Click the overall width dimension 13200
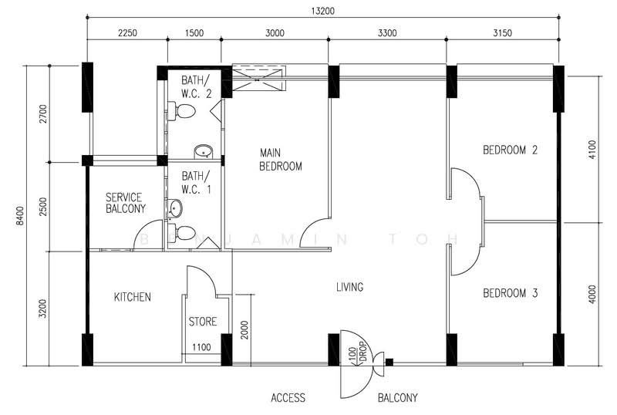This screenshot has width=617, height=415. coord(322,11)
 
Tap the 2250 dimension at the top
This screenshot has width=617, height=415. coord(127,33)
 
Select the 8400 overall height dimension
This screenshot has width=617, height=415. coord(20,216)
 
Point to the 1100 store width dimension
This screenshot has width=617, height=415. coord(201,347)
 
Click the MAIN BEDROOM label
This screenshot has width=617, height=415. coord(281,160)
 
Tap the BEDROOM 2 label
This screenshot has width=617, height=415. coord(510,150)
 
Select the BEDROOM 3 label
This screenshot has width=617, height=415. coord(510,293)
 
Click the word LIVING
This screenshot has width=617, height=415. coord(349,287)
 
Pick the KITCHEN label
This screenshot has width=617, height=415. coord(132,297)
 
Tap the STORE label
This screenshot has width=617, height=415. coord(203,322)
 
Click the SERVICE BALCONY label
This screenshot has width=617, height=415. coord(126,203)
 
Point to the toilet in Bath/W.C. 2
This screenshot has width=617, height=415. coord(182,111)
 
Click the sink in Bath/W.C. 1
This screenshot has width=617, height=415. coord(176,208)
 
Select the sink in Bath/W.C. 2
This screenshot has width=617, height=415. coord(203,152)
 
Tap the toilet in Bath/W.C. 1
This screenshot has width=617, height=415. coord(182,233)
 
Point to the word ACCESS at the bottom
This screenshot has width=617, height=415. coord(288,398)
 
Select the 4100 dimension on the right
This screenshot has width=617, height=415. coord(592,150)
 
